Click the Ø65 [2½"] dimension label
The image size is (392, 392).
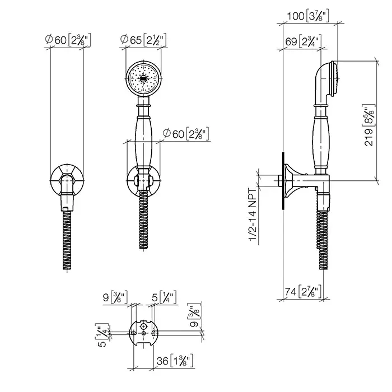[143, 40]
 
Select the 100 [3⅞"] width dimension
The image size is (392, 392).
[308, 16]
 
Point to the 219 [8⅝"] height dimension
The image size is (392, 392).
[370, 125]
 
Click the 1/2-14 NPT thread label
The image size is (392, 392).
[253, 214]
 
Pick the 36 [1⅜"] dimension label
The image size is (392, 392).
[175, 361]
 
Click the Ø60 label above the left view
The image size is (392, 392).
[68, 40]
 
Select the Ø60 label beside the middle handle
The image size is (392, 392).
[186, 134]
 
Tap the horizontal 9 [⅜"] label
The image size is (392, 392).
[115, 297]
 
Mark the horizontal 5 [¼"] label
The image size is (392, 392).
[164, 297]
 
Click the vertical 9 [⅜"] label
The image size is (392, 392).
[194, 315]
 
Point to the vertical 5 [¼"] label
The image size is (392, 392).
[102, 335]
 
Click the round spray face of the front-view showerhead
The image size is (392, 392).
[143, 78]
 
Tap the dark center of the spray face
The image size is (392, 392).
[143, 79]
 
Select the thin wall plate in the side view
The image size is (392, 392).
[283, 181]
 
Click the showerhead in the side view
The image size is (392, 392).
[326, 82]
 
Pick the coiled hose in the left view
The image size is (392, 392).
[67, 240]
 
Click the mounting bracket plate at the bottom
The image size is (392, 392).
[143, 333]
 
